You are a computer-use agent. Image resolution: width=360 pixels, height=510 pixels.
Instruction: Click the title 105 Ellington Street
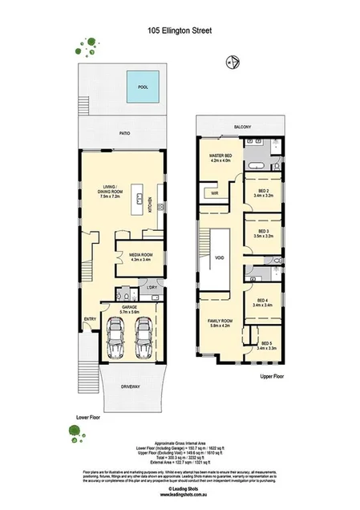(x=180, y=32)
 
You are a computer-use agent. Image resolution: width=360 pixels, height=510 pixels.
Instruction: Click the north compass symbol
(x=233, y=59)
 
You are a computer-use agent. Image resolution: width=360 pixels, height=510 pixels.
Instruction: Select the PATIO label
(x=123, y=135)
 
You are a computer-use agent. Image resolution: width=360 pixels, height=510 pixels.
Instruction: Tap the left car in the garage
(x=115, y=339)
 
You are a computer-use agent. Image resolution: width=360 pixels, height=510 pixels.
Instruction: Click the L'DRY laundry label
(x=151, y=287)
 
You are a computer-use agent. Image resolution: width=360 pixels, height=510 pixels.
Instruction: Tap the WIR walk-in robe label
(x=215, y=193)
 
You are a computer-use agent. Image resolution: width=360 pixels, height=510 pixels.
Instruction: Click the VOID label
(x=219, y=257)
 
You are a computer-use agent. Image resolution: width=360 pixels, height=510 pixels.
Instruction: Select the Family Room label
(x=219, y=322)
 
